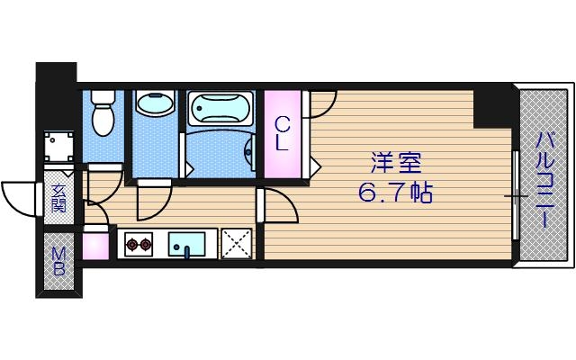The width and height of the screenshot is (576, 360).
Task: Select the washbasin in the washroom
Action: coord(156,103)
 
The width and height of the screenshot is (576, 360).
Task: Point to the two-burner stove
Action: coord(139,243)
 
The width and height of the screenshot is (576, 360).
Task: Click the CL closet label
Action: coord(283,132)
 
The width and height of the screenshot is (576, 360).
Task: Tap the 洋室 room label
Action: coord(393,164)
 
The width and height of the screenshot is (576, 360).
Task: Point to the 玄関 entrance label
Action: coord(58,198)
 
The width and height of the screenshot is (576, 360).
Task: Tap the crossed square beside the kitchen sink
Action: coord(237,243)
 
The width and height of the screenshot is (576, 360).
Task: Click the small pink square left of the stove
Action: coord(94,245)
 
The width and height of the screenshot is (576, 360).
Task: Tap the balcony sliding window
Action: coord(515,194)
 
